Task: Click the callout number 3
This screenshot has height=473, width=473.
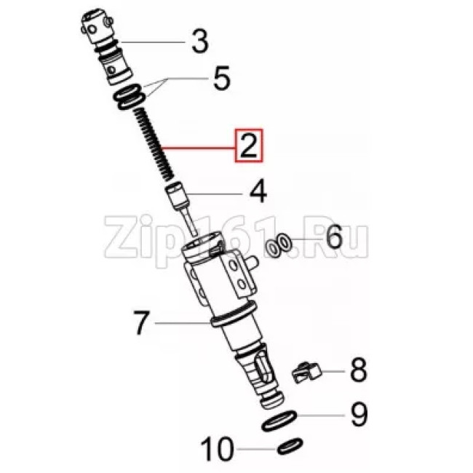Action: pyautogui.click(x=199, y=41)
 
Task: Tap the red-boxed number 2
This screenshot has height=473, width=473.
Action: pyautogui.click(x=249, y=146)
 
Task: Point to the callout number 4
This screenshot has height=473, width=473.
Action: pyautogui.click(x=258, y=191)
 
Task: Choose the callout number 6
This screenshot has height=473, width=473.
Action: pyautogui.click(x=334, y=237)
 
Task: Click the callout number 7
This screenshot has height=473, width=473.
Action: pyautogui.click(x=141, y=323)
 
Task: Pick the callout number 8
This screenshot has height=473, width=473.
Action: pyautogui.click(x=358, y=370)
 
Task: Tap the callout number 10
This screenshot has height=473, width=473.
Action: pyautogui.click(x=217, y=448)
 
